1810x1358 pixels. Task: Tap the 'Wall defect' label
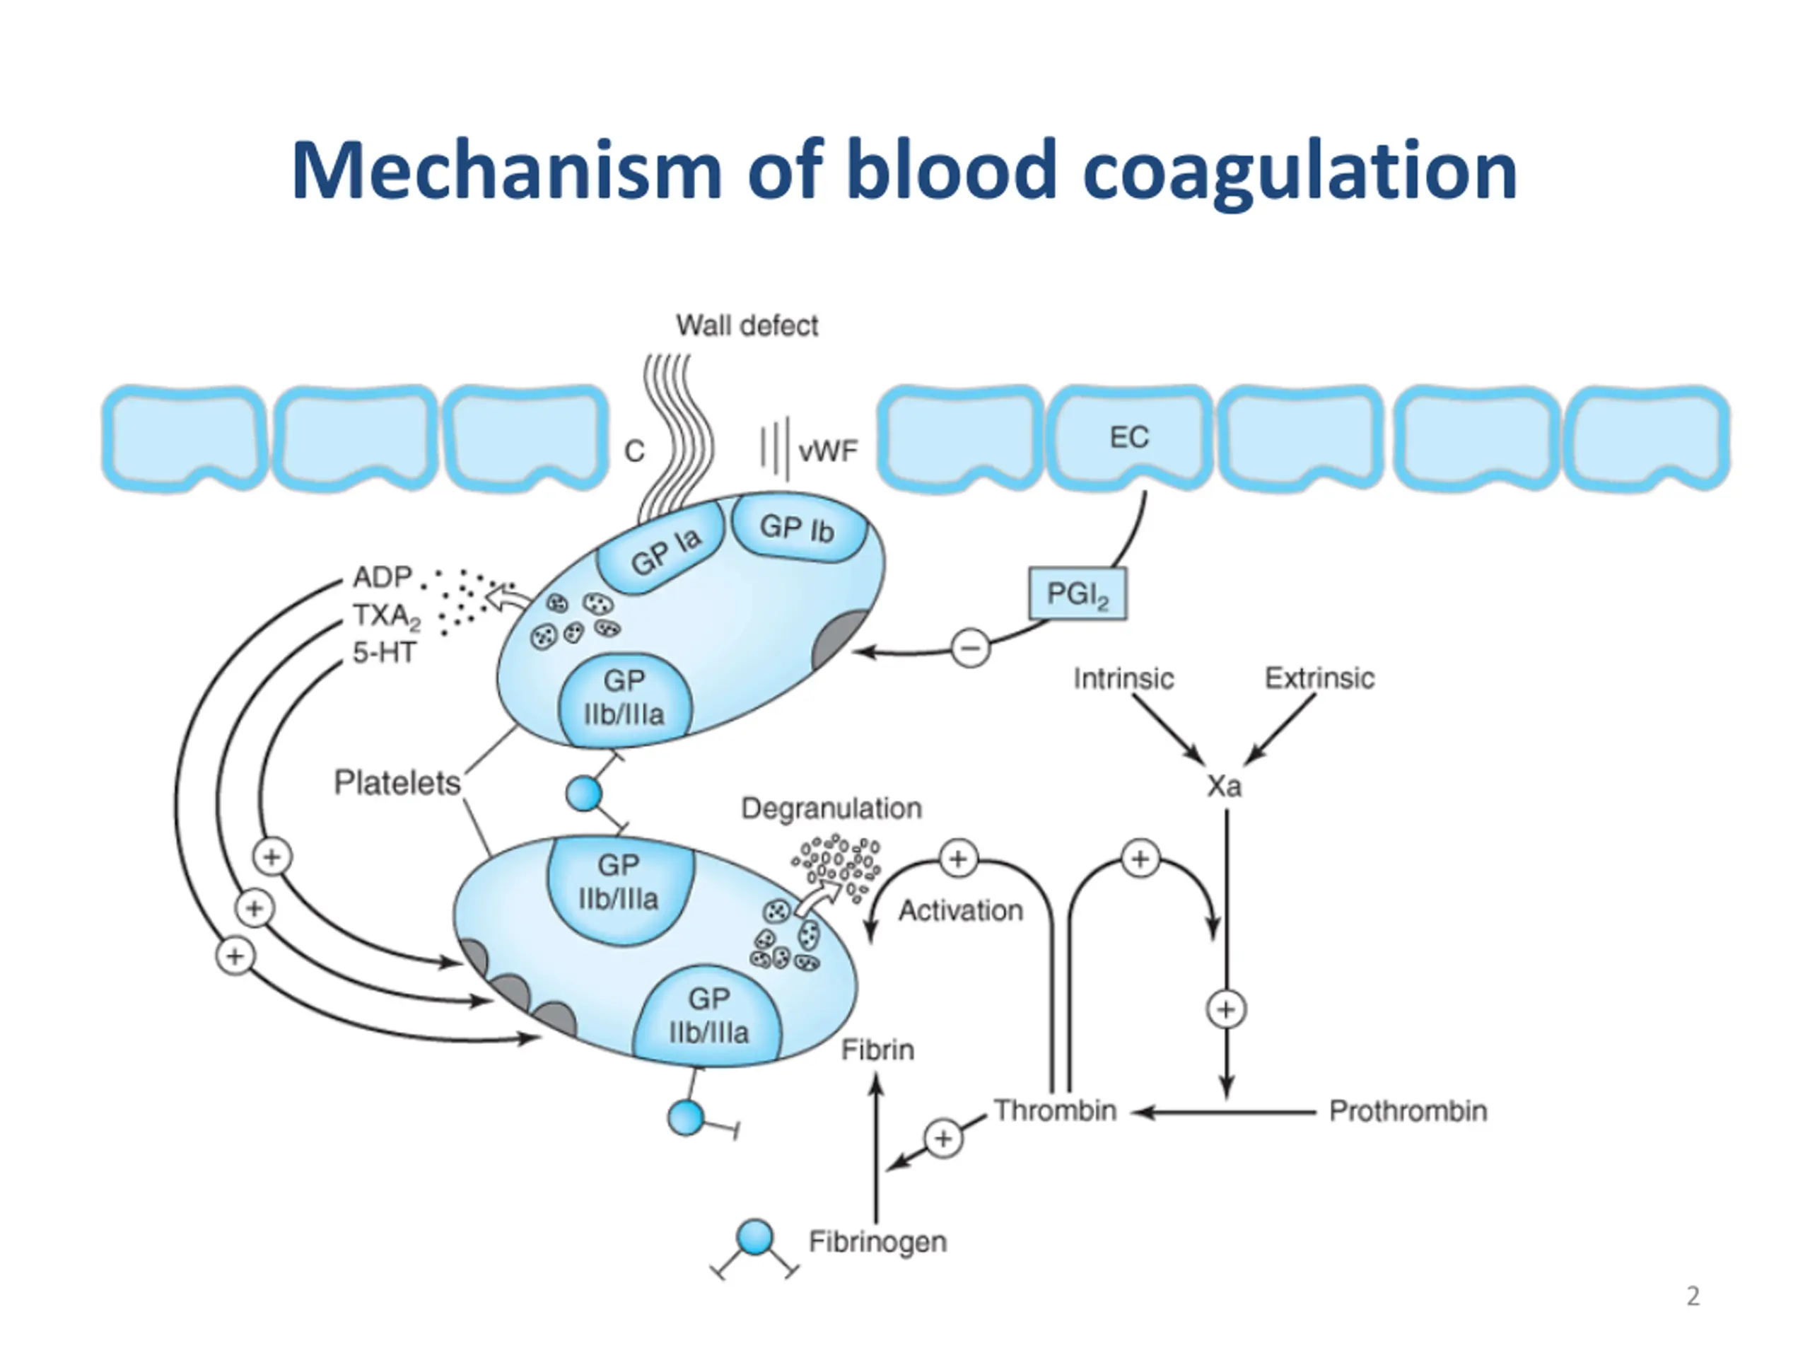[x=746, y=326]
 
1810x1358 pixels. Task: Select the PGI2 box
[x=1077, y=593]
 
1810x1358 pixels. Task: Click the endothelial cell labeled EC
[x=1129, y=437]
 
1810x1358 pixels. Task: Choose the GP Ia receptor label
[x=665, y=550]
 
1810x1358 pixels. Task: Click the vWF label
[x=828, y=451]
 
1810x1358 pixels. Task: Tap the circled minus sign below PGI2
[x=971, y=649]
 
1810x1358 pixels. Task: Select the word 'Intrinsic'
[x=1123, y=678]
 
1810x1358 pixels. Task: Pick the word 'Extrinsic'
[x=1319, y=678]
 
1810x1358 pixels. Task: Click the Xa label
[x=1224, y=787]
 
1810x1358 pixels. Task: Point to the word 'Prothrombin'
[x=1408, y=1110]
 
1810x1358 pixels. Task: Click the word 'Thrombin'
[x=1055, y=1110]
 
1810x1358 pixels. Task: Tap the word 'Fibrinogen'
[x=877, y=1242]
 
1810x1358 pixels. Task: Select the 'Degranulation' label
[x=831, y=808]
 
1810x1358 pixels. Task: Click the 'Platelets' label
[x=397, y=784]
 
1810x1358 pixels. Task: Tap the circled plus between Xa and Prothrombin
[x=1226, y=1009]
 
